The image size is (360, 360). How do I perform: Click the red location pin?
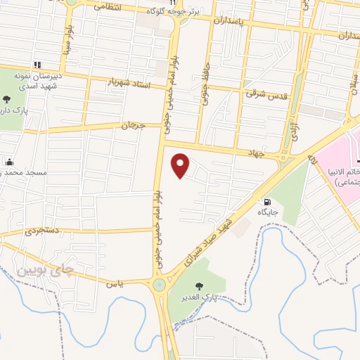[x=181, y=165]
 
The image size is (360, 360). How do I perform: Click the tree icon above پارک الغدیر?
[x=200, y=285]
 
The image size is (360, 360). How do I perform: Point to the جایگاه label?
[x=268, y=212]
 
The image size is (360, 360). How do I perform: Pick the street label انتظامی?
[x=106, y=7]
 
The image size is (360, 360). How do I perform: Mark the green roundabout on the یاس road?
[x=161, y=285]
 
